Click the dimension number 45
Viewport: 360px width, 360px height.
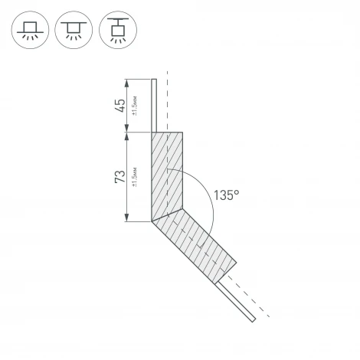pyautogui.click(x=120, y=105)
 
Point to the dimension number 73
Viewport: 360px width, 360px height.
pyautogui.click(x=120, y=177)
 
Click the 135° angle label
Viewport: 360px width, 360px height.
pyautogui.click(x=227, y=195)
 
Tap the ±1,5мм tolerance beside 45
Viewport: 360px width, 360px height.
pyautogui.click(x=135, y=106)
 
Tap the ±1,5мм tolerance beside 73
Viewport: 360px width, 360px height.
pyautogui.click(x=135, y=177)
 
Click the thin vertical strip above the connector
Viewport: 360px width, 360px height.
pyautogui.click(x=154, y=103)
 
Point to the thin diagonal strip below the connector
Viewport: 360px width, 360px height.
pyautogui.click(x=237, y=300)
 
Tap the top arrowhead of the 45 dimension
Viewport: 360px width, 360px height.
pyautogui.click(x=127, y=81)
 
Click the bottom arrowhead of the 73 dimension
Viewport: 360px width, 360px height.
pyautogui.click(x=127, y=219)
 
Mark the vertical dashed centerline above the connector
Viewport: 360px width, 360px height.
pyautogui.click(x=166, y=100)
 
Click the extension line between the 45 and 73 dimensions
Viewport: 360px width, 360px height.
pyautogui.click(x=138, y=132)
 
